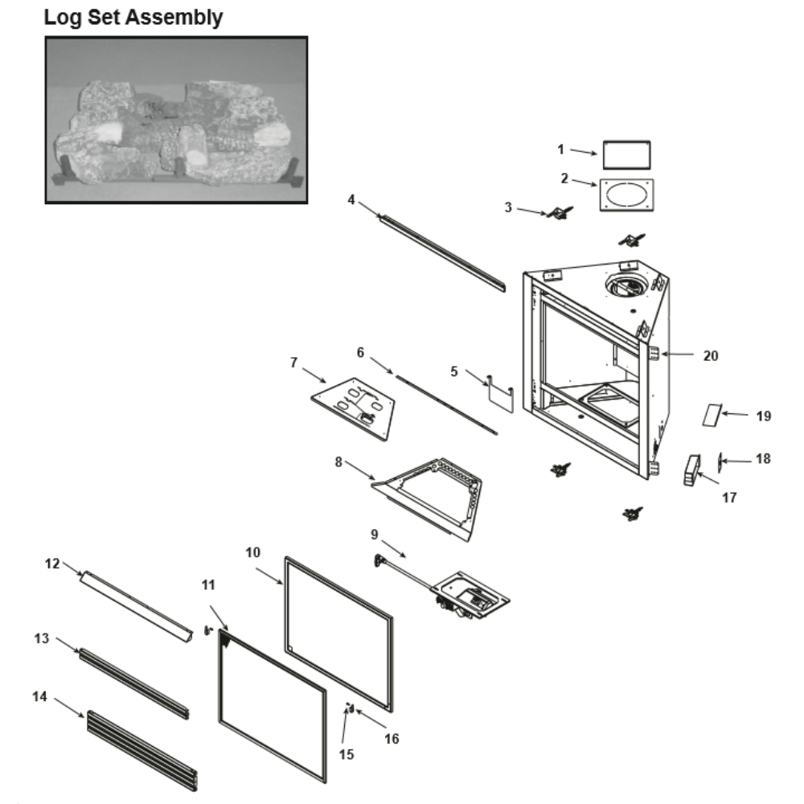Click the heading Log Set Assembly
click(x=133, y=17)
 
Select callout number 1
click(x=561, y=149)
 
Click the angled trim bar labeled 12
click(x=137, y=603)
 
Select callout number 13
click(x=41, y=638)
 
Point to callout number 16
click(x=391, y=738)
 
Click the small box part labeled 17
click(x=690, y=470)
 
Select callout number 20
click(x=711, y=355)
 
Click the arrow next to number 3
click(x=531, y=211)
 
